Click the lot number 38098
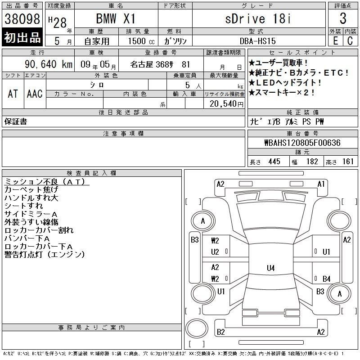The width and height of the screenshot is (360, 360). coord(22,19)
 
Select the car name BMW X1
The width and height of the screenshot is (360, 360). coord(116,18)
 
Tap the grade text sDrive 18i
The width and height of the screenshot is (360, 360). coord(258,18)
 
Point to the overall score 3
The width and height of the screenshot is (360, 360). coord(343,18)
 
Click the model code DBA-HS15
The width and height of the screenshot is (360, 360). coord(257,41)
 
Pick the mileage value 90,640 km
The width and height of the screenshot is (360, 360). coord(49,64)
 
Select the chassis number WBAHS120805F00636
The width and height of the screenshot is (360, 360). coord(302,143)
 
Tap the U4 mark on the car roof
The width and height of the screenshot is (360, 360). coord(271,268)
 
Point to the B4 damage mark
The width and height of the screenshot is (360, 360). coord(327,279)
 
